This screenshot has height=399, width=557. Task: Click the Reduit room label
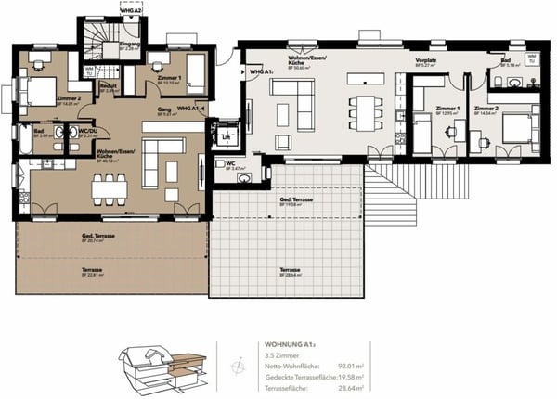click(108, 87)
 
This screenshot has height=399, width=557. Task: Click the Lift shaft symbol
click(226, 136)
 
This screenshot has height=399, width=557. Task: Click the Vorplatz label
click(426, 62)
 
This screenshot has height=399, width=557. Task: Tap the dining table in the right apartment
click(366, 109)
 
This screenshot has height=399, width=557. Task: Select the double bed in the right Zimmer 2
click(517, 131)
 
